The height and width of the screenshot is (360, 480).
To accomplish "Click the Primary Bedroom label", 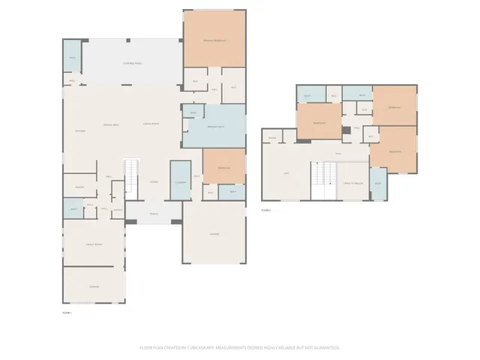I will click(x=214, y=40).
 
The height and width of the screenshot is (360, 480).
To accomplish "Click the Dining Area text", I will click(x=112, y=124).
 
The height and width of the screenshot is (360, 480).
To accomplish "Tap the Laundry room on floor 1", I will click(x=180, y=181).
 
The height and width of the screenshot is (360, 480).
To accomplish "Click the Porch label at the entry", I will click(x=153, y=212).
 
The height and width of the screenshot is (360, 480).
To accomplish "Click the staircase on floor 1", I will click(x=132, y=176).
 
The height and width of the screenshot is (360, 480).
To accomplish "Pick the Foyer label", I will click(x=153, y=181).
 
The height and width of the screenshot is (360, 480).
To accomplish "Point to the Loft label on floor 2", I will click(x=286, y=173).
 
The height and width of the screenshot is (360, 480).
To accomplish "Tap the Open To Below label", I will click(x=352, y=184).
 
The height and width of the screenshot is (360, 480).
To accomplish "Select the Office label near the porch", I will click(x=118, y=210).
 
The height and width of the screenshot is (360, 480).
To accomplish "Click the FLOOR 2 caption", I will click(x=265, y=211).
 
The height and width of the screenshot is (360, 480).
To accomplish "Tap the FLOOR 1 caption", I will click(x=66, y=311).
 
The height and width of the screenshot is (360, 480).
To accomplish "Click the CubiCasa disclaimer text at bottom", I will click(x=240, y=348).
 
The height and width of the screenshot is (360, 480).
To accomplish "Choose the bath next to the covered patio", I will click(x=72, y=58).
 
